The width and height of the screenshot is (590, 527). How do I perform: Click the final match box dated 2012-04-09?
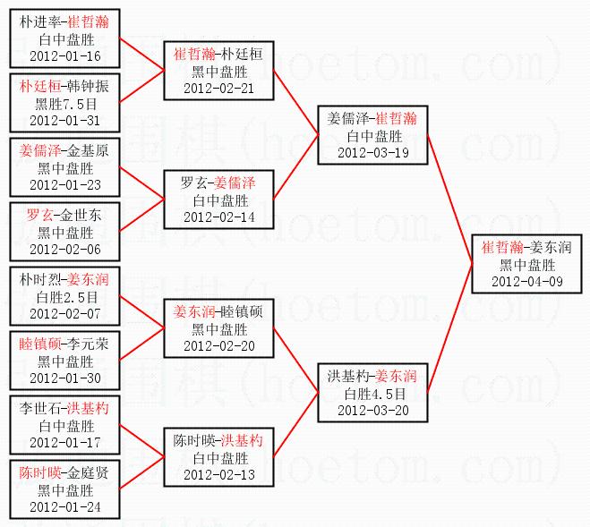click(526, 264)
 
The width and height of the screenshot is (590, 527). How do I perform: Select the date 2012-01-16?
click(64, 55)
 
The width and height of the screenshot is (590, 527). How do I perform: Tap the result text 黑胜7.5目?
click(64, 104)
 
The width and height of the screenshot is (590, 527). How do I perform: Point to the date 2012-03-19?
click(372, 152)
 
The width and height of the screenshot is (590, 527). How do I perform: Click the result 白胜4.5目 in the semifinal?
click(372, 392)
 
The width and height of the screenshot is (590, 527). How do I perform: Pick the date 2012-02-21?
click(218, 88)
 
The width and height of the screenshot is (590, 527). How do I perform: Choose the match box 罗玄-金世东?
click(64, 232)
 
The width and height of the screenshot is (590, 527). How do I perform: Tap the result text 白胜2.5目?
click(64, 296)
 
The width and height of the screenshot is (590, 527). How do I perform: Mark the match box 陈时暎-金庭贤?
click(64, 489)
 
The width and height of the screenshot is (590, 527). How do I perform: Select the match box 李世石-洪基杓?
click(64, 425)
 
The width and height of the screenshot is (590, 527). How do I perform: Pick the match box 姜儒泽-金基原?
click(64, 167)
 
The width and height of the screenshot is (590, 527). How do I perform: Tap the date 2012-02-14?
click(218, 217)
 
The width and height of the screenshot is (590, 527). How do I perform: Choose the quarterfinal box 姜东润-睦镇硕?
click(218, 328)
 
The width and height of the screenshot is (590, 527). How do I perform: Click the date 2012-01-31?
click(64, 120)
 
